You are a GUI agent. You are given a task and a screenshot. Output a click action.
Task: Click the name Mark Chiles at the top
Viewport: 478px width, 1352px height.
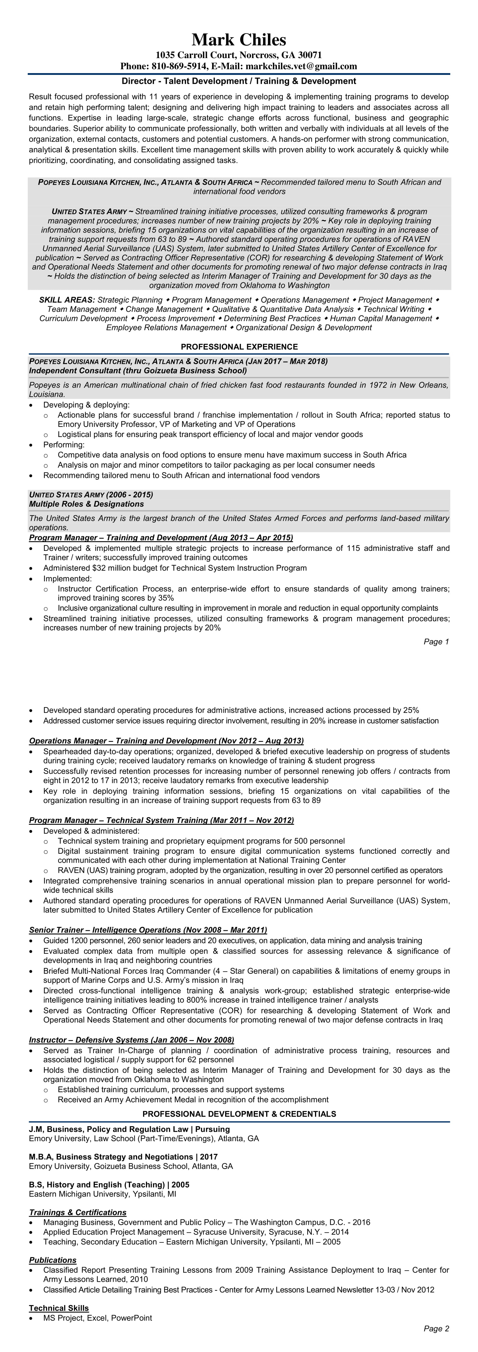239,40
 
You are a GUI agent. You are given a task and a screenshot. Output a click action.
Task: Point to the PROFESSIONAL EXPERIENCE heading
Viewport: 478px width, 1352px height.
239,347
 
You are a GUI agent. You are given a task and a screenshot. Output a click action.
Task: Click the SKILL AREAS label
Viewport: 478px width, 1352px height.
67,300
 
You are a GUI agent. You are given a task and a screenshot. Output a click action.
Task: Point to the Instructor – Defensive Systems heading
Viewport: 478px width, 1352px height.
131,1040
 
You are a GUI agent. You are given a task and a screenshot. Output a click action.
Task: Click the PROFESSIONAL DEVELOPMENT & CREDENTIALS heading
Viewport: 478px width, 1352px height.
239,1114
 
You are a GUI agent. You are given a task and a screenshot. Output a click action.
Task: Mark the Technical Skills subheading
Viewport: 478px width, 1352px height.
59,1308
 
